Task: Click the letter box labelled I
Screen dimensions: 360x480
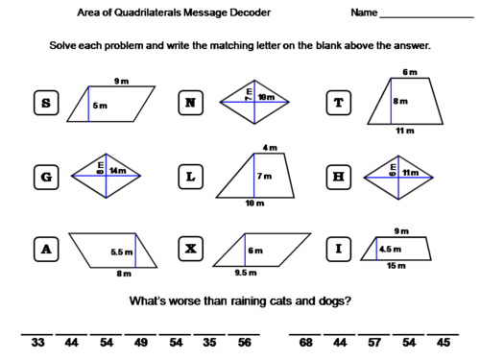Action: [x=339, y=250]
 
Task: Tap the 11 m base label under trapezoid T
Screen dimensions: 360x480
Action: [x=406, y=130]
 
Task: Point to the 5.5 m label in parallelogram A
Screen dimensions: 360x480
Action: [x=120, y=252]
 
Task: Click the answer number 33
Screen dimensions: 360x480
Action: [x=38, y=341]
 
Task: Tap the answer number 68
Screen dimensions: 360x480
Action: [x=306, y=341]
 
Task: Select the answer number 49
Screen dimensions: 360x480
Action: [x=141, y=341]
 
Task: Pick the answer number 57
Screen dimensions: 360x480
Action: [x=373, y=341]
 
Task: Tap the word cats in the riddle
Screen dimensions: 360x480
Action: [x=282, y=301]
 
